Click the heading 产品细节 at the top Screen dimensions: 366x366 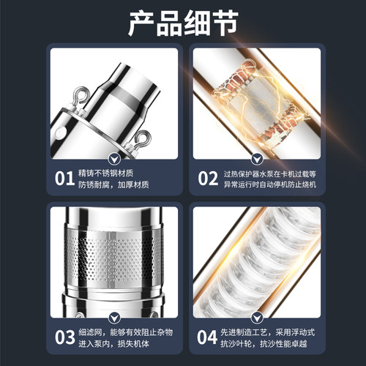click(x=183, y=23)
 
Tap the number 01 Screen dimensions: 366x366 click(x=64, y=179)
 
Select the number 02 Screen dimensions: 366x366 click(x=208, y=179)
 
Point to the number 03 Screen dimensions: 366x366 click(x=64, y=337)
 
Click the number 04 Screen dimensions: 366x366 click(x=207, y=337)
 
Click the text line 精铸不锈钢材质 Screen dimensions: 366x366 click(x=106, y=173)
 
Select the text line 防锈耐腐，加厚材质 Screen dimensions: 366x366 click(x=113, y=184)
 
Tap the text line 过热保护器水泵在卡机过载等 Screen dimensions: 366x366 click(x=270, y=174)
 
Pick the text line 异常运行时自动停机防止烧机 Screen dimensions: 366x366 click(x=270, y=184)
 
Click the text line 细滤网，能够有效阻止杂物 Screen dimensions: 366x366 click(x=126, y=332)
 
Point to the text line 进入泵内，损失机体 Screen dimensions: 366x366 click(x=113, y=343)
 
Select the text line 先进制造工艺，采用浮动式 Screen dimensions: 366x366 click(x=268, y=332)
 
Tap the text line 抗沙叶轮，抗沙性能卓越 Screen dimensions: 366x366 click(x=264, y=343)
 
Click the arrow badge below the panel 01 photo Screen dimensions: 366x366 click(x=114, y=160)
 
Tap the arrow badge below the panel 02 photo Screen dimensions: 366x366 click(x=257, y=160)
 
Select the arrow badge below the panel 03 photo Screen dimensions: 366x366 click(x=114, y=318)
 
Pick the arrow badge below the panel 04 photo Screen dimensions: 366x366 click(x=257, y=318)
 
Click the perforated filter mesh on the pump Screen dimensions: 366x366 click(x=113, y=258)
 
